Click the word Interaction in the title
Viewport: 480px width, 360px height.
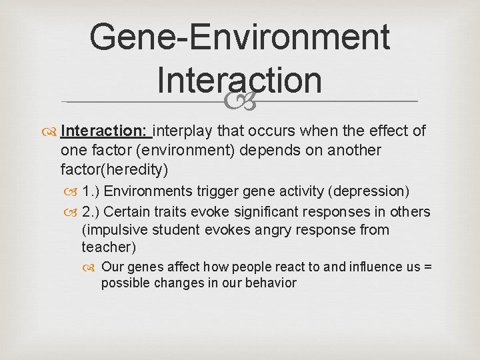239,80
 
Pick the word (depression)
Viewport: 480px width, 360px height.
369,191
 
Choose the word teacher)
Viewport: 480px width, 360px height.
108,247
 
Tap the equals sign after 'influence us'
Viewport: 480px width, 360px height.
428,267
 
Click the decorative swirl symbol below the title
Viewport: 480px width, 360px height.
239,101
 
